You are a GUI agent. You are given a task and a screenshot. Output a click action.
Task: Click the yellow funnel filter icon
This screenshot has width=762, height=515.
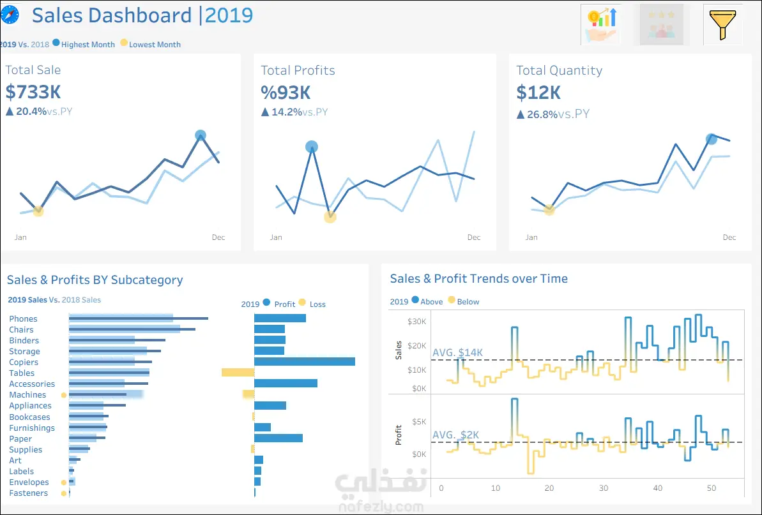[722, 24]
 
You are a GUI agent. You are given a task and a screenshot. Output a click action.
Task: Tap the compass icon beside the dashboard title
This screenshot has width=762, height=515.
[10, 14]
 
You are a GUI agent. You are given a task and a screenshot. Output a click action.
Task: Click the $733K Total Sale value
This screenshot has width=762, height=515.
[33, 92]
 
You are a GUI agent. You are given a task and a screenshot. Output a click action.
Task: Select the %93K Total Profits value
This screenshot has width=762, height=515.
[286, 93]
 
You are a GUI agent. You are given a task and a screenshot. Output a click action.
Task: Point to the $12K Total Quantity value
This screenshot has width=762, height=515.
[538, 93]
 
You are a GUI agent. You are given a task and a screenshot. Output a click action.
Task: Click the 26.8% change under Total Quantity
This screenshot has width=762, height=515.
[542, 114]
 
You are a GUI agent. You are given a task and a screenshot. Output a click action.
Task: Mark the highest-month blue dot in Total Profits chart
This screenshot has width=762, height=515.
[312, 147]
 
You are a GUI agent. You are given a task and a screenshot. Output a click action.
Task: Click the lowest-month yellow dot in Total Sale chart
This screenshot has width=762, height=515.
[38, 211]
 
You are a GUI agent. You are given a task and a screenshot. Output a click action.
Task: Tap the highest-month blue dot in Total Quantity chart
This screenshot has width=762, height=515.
[712, 138]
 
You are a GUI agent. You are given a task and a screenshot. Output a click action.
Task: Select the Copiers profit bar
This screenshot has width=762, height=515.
[304, 362]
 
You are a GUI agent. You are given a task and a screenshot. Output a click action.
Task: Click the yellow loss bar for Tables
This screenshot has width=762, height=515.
[238, 373]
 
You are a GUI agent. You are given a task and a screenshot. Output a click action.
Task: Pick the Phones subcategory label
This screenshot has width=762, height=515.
[23, 319]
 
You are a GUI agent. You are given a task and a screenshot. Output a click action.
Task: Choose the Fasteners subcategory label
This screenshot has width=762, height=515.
[28, 493]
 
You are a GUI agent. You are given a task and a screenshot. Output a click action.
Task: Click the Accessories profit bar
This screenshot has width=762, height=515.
[286, 384]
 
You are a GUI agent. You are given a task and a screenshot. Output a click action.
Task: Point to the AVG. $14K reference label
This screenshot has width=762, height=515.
[458, 352]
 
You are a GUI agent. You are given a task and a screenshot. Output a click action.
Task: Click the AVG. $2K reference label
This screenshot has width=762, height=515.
[455, 435]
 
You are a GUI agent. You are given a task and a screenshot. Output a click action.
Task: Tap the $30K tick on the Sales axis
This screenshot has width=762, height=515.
[418, 322]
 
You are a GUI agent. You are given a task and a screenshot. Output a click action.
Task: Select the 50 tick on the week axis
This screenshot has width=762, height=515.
[712, 488]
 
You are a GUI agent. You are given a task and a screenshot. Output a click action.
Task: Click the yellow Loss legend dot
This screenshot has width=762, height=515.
[302, 303]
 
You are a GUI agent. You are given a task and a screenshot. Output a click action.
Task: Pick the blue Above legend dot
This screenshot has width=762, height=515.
[415, 301]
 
